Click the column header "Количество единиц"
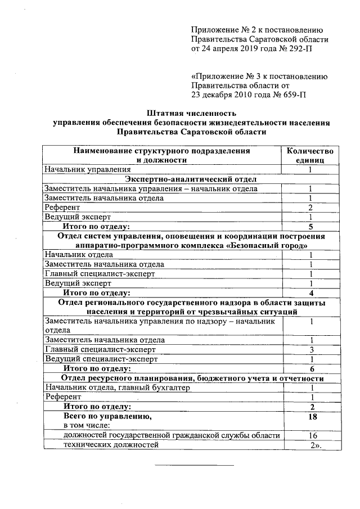310,155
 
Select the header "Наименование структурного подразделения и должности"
161,155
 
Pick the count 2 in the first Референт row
310,208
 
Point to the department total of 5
310,227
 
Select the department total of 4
310,292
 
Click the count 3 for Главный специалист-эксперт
310,349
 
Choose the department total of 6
310,368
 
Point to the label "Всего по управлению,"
107,417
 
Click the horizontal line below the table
194,465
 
